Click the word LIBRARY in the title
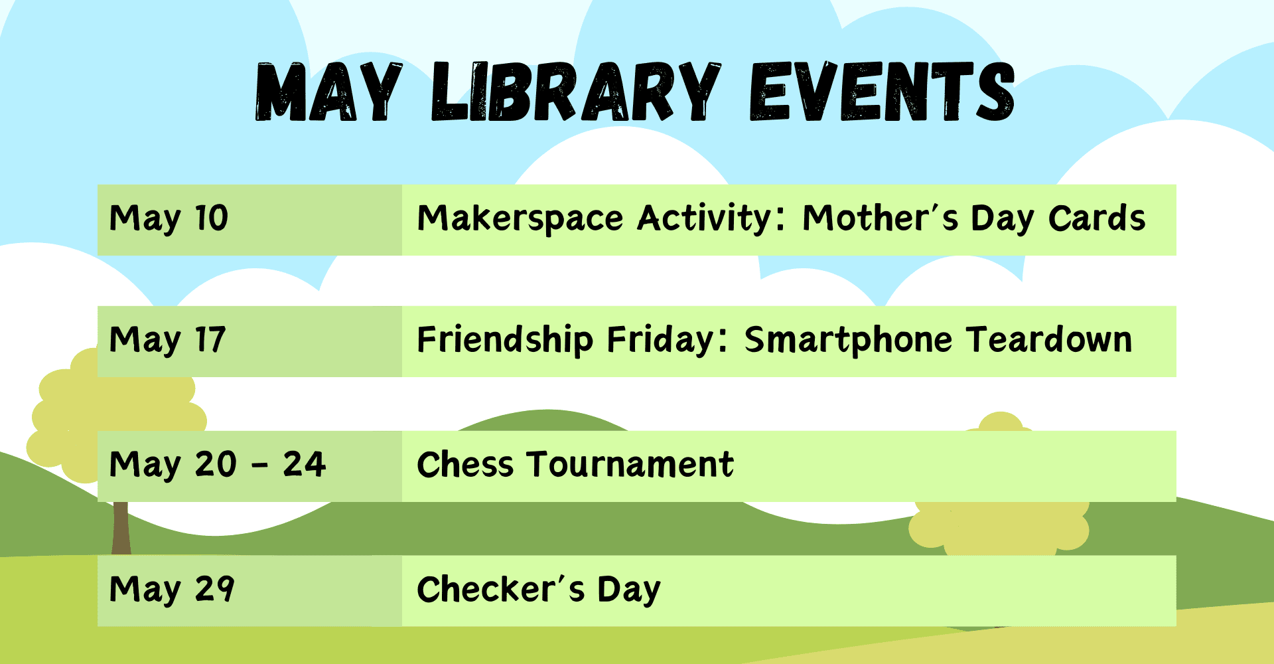click(576, 92)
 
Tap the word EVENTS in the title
click(882, 92)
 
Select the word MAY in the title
click(329, 92)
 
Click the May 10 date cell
click(249, 220)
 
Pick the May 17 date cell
click(249, 341)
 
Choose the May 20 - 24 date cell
click(249, 466)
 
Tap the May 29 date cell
click(249, 591)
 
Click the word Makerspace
click(520, 219)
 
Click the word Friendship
click(505, 340)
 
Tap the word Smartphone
click(849, 340)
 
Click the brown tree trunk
click(121, 528)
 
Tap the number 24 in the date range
click(305, 464)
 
